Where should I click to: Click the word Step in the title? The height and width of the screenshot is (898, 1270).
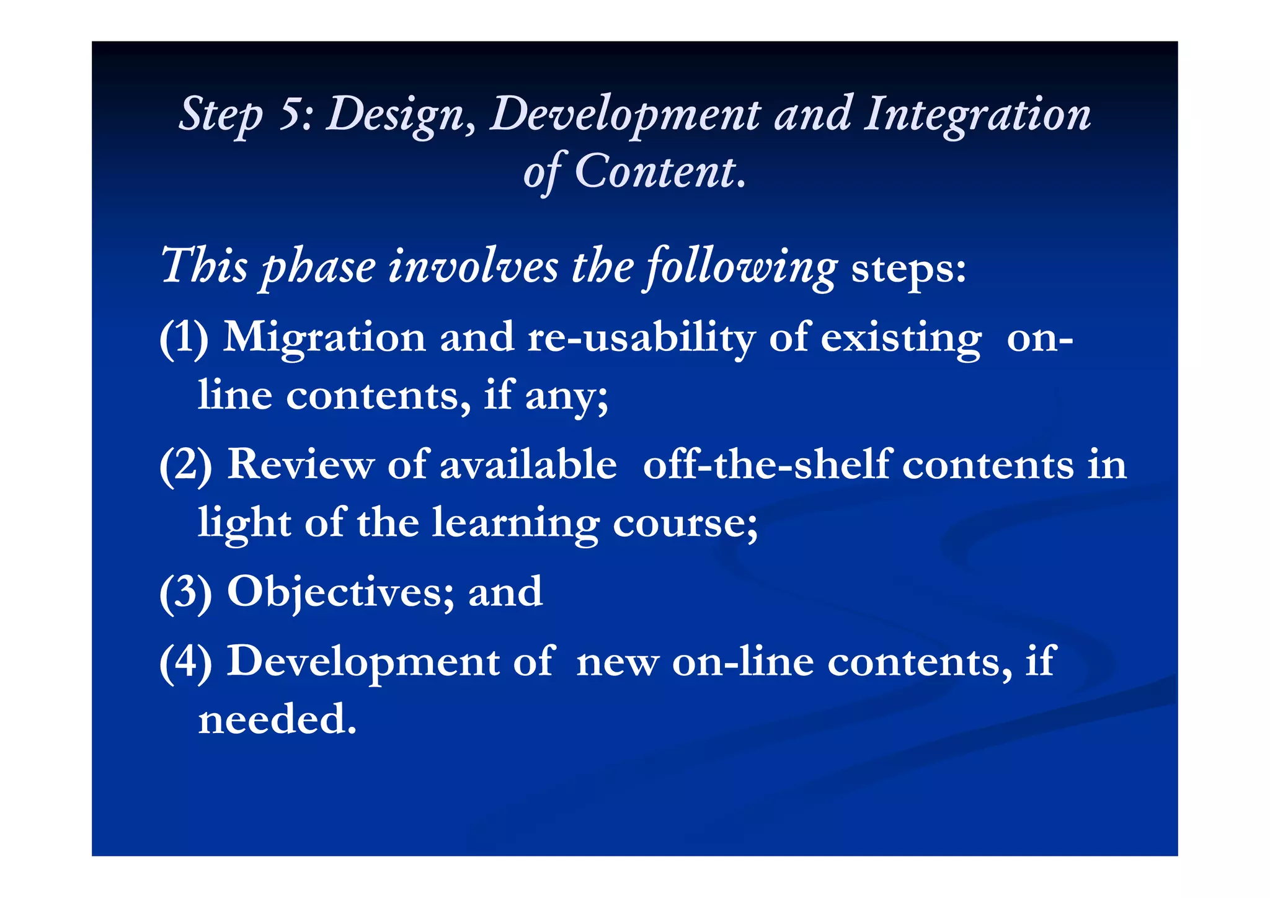220,115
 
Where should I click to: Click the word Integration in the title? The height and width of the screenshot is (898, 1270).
977,115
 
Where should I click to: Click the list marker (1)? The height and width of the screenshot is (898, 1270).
184,339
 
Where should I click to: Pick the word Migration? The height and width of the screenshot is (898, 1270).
324,337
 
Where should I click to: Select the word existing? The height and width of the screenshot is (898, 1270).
902,339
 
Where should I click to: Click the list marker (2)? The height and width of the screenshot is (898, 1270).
185,465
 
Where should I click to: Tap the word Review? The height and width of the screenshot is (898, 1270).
300,465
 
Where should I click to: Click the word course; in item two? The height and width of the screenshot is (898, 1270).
685,523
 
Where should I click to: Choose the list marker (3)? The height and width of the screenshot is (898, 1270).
185,592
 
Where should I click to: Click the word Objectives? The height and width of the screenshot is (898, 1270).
340,592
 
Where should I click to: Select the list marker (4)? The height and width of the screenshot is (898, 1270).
185,662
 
